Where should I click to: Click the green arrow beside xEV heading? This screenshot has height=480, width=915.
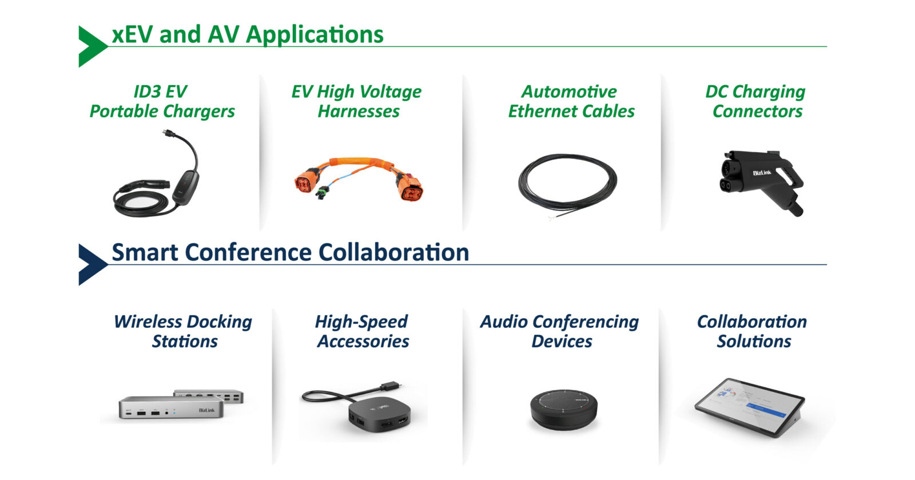[x=91, y=46]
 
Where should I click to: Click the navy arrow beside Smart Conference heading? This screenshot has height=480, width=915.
[x=91, y=264]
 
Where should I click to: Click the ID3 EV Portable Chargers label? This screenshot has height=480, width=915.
[x=162, y=101]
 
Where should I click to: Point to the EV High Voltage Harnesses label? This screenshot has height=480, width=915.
[x=357, y=101]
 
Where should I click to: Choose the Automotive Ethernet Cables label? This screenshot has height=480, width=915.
[x=571, y=101]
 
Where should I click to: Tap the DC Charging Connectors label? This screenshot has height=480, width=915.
[x=756, y=101]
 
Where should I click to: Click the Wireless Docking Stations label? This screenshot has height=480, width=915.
[x=183, y=331]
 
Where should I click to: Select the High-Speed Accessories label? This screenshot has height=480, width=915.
[x=362, y=331]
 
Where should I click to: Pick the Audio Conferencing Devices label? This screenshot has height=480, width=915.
[x=560, y=331]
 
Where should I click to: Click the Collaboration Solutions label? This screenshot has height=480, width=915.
[x=753, y=331]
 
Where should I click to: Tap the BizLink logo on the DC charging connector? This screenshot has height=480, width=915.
[x=762, y=173]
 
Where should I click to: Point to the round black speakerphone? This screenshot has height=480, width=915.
[x=564, y=410]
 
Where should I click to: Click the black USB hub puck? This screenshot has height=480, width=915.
[x=379, y=415]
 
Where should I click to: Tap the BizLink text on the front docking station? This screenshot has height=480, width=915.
[x=206, y=410]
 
